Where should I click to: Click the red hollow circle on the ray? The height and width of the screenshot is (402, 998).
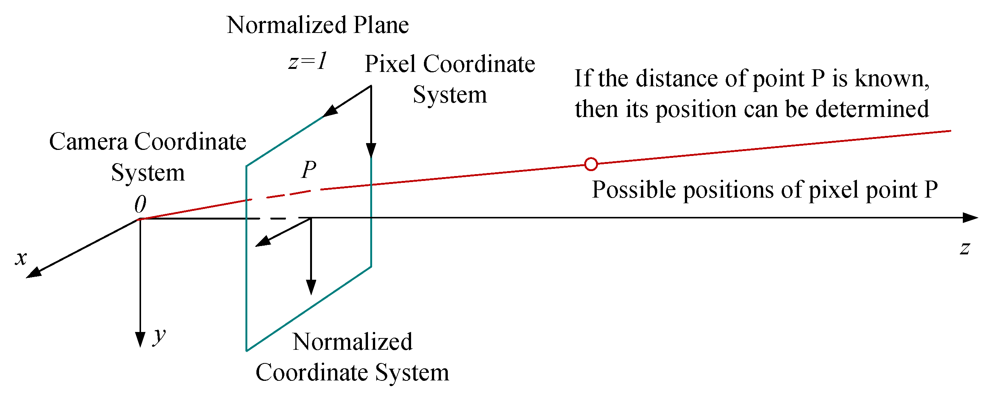point(591,164)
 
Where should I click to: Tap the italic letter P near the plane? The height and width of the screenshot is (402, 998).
point(309,170)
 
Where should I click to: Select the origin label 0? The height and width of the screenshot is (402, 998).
point(140,204)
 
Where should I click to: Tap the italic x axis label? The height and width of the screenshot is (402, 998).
point(21,258)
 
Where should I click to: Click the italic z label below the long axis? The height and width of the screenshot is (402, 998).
point(965,248)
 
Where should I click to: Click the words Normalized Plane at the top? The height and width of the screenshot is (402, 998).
point(318,25)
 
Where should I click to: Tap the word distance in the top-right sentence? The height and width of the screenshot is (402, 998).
point(678,78)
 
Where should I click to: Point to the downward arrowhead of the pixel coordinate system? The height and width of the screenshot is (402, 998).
point(371,150)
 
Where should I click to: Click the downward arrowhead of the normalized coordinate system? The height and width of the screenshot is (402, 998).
point(311,287)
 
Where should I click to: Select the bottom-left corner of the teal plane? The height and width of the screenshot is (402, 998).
point(247,350)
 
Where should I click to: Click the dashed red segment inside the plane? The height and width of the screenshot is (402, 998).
point(289,193)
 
